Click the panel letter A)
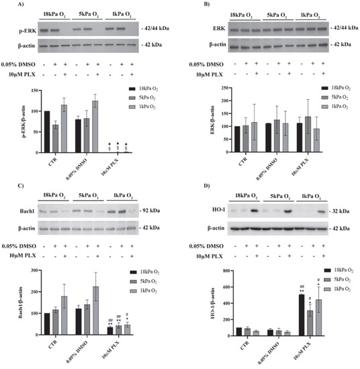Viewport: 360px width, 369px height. tap(7, 5)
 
